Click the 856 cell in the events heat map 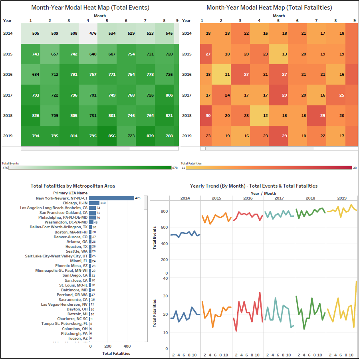[x=112, y=136]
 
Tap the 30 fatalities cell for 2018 [x=208, y=115]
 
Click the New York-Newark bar [x=111, y=198]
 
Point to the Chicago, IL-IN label [x=75, y=203]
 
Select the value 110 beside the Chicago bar [x=103, y=203]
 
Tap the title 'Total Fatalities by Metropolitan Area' [x=73, y=186]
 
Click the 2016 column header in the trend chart [x=248, y=198]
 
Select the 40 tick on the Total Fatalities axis [x=165, y=278]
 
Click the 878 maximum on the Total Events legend [x=175, y=168]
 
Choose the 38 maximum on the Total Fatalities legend [x=355, y=168]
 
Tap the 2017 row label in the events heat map [x=8, y=95]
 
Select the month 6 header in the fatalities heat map [x=297, y=21]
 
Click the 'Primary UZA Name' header [x=70, y=193]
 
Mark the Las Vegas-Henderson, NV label [x=64, y=305]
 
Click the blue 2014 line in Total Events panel [x=184, y=234]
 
